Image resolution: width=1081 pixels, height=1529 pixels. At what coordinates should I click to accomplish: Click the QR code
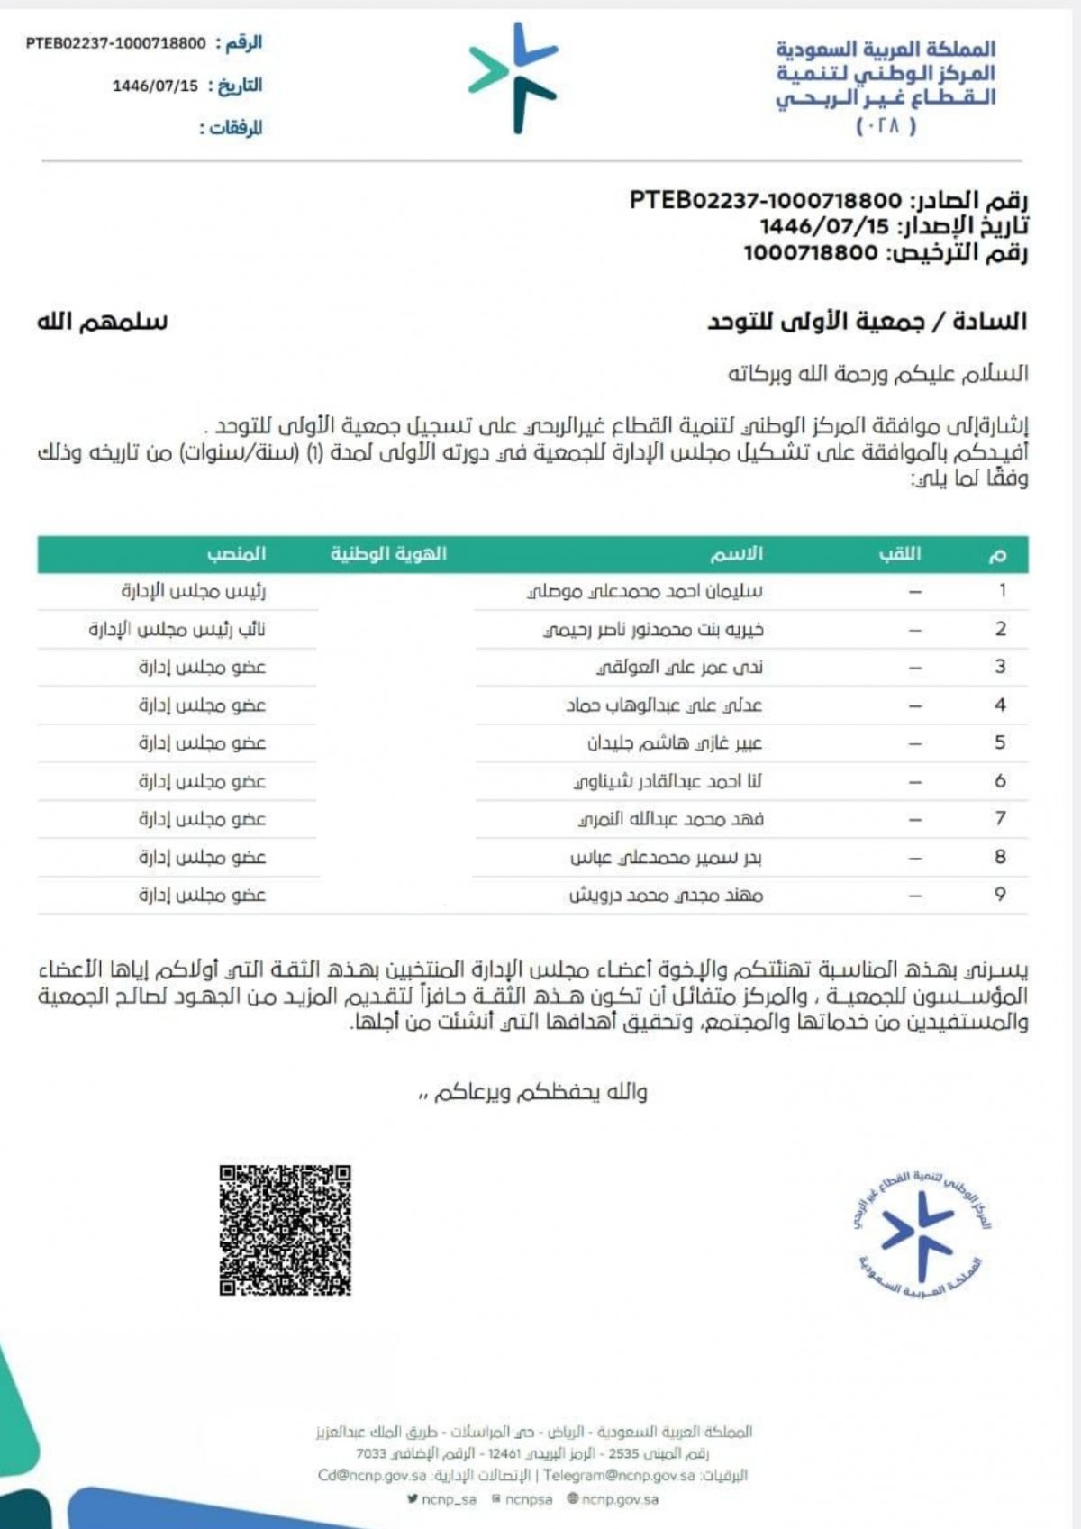(x=285, y=1230)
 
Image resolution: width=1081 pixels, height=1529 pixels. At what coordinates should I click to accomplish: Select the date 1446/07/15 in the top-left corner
(x=155, y=86)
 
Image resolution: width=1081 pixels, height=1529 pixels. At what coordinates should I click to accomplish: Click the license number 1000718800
(x=810, y=253)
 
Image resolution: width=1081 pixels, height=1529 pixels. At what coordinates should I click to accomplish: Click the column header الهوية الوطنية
(x=388, y=554)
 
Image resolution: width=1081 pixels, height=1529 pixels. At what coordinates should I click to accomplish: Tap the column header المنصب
(x=236, y=554)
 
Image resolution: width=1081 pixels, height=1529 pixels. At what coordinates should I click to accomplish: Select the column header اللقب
(x=900, y=554)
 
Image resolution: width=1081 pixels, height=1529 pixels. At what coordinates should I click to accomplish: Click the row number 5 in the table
(x=1000, y=742)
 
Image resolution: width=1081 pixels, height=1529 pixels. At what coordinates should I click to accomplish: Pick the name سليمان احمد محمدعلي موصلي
(x=645, y=592)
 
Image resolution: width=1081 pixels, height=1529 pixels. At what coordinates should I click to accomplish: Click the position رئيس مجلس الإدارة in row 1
(x=194, y=592)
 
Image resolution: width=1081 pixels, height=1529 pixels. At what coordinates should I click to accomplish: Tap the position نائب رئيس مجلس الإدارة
(x=177, y=630)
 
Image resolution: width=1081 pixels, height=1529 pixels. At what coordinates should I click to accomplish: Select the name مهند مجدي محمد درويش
(x=666, y=896)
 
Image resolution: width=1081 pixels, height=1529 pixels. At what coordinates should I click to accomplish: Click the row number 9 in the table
(x=1000, y=895)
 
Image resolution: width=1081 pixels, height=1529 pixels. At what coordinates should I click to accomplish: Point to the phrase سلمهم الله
(x=102, y=322)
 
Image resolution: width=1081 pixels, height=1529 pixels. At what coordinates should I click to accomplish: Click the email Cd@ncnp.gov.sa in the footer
(x=372, y=1476)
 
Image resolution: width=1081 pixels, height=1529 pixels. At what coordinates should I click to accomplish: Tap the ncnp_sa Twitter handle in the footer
(x=441, y=1499)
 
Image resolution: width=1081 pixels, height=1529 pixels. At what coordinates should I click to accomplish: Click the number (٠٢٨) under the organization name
(x=886, y=126)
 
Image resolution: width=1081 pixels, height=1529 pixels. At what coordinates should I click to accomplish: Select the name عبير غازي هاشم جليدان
(x=675, y=743)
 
